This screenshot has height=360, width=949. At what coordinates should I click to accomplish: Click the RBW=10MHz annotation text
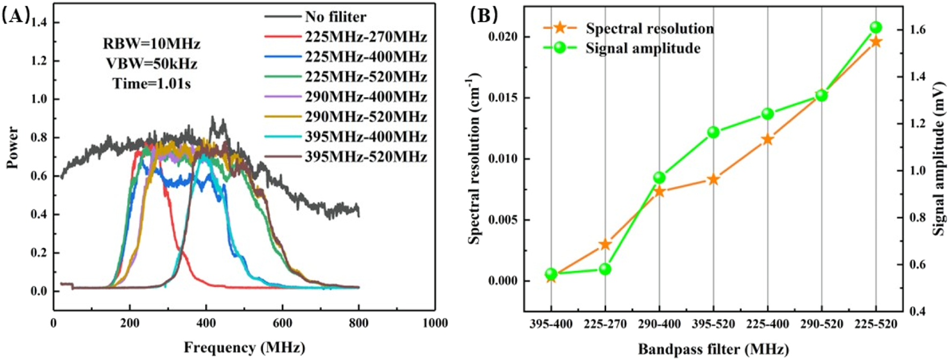(152, 43)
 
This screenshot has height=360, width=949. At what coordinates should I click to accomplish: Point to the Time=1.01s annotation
(152, 84)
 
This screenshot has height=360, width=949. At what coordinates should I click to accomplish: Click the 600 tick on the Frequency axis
(282, 323)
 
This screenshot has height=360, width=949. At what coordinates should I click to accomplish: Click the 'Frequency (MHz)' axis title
(244, 348)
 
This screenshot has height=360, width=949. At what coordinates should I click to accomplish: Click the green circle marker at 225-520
(876, 27)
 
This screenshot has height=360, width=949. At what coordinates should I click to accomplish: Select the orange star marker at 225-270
(605, 244)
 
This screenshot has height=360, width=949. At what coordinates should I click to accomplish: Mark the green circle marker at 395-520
(713, 132)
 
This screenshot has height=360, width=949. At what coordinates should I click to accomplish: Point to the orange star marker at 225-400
(767, 140)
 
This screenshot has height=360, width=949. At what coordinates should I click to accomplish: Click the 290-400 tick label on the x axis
(659, 324)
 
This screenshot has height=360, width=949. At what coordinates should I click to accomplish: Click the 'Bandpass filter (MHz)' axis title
(713, 350)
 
